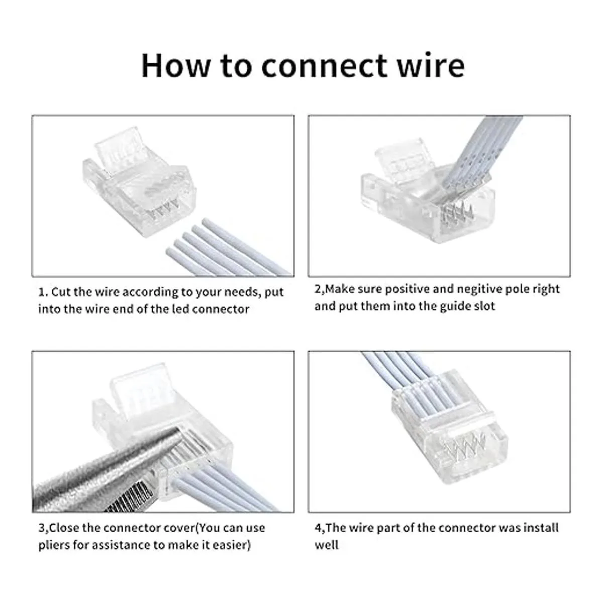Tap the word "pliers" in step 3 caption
coord(54,545)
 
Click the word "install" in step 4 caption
coord(540,528)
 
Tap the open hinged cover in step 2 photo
coord(403,159)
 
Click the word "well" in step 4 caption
coord(327,545)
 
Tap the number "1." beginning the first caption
coord(43,292)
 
